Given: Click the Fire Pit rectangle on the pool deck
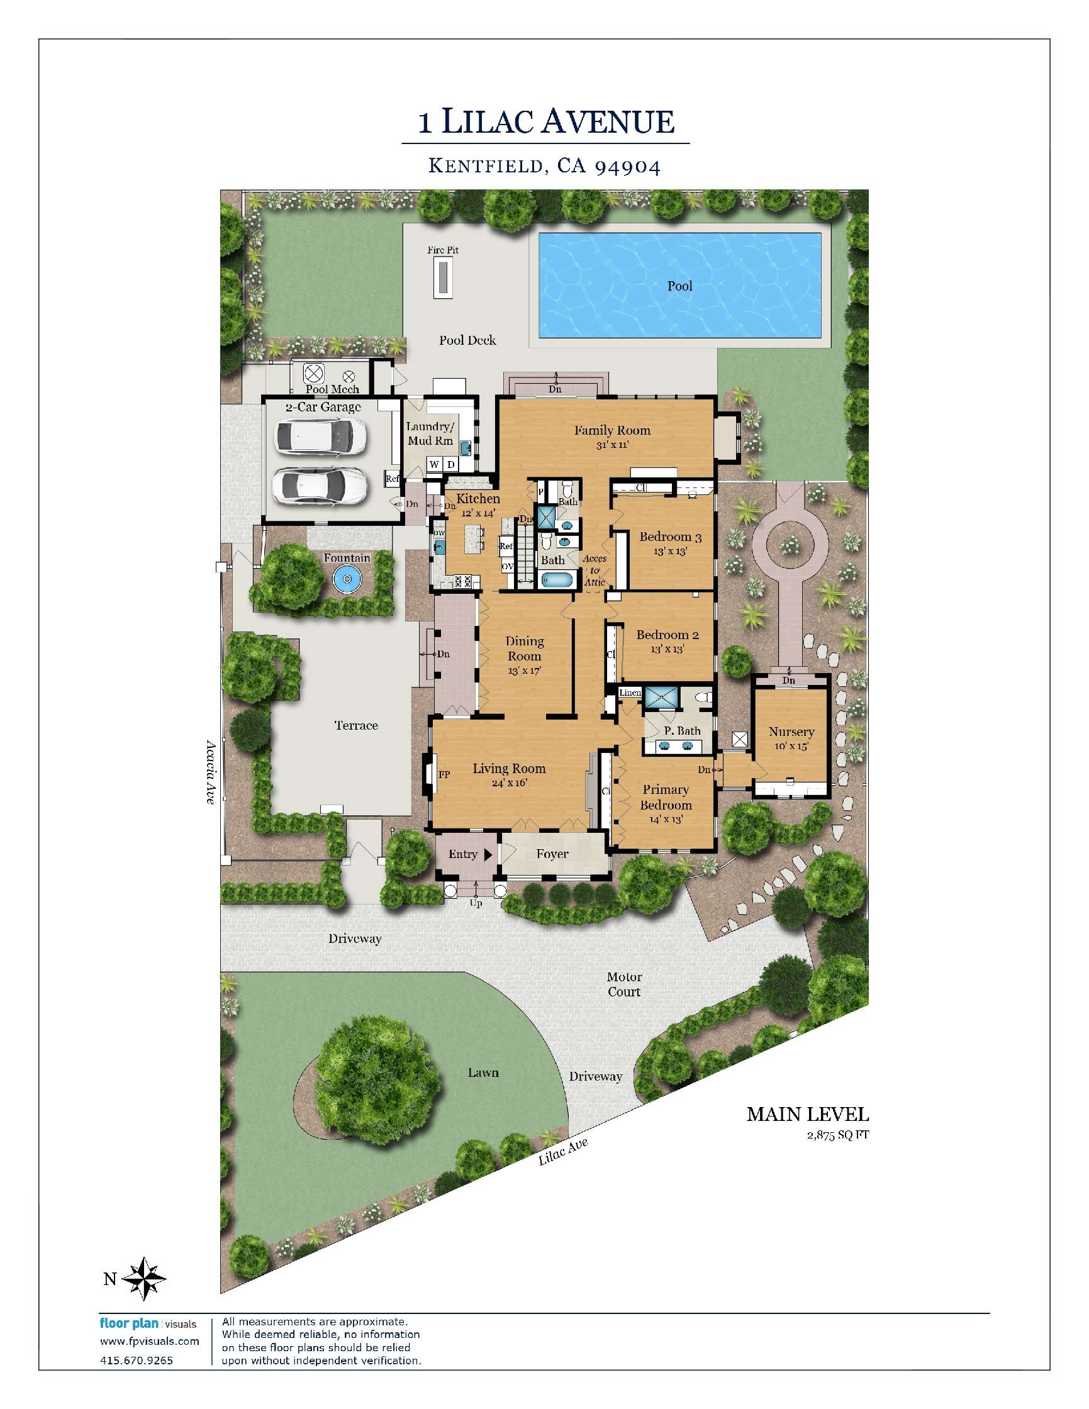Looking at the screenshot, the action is (442, 277).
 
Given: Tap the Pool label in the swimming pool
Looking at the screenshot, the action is (679, 286).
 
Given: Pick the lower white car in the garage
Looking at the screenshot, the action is (320, 485).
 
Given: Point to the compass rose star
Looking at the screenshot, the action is (144, 1278).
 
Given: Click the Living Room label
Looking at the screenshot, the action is (509, 769).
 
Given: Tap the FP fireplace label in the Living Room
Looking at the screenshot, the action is (444, 774).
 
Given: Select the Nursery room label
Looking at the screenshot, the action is (791, 732).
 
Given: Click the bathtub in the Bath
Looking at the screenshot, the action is (556, 581).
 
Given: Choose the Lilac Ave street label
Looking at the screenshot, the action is (563, 1151).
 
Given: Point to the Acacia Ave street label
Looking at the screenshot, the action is (210, 772).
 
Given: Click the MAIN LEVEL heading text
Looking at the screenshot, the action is (808, 1114).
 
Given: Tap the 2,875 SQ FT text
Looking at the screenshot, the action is (837, 1135).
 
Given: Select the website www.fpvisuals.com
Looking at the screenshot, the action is (150, 1341).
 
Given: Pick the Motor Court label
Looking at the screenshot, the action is (624, 984).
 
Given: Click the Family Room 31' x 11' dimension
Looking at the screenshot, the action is (612, 445).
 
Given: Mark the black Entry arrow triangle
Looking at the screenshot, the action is (488, 854).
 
